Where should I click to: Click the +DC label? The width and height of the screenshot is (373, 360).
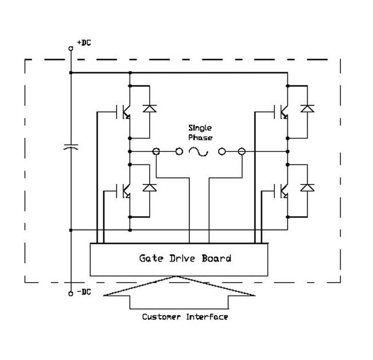tap(84, 43)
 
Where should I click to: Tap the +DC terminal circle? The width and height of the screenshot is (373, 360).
tap(71, 49)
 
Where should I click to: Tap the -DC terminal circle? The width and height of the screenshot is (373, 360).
tap(71, 285)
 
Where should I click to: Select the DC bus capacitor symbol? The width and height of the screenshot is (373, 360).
tap(71, 148)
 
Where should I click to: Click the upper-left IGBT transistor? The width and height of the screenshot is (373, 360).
tap(124, 111)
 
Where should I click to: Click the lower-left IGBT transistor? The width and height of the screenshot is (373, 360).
tap(124, 191)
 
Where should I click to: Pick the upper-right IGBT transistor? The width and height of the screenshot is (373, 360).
tap(282, 111)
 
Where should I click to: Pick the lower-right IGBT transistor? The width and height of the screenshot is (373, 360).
tap(282, 191)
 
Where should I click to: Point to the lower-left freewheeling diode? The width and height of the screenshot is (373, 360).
tap(150, 187)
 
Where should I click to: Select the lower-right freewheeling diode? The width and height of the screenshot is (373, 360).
tap(308, 187)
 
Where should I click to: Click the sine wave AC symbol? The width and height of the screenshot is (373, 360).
tap(198, 152)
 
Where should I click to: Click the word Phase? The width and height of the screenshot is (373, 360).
tap(201, 138)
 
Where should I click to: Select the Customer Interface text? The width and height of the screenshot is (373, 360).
tap(184, 316)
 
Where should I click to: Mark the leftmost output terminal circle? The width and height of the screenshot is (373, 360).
tap(156, 152)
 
